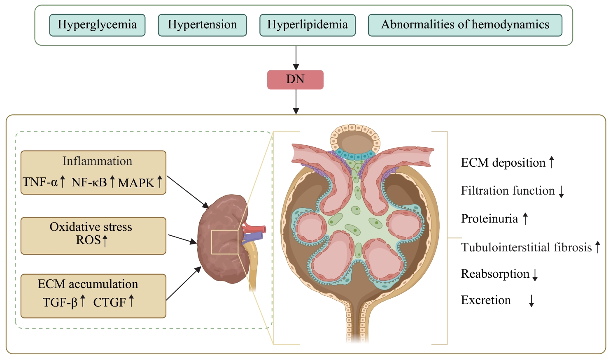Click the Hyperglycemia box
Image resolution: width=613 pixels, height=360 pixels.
pos(97,25)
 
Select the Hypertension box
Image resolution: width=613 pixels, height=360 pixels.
pos(202,25)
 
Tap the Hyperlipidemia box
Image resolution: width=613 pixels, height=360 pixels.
pos(307,25)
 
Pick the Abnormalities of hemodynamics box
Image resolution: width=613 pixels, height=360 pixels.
pos(465,25)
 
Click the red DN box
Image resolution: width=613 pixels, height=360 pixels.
pos(295,79)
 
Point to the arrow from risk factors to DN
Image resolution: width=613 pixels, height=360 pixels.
pos(296,57)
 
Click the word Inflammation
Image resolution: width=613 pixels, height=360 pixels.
pos(97,161)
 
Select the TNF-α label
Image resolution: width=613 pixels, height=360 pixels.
pos(40,182)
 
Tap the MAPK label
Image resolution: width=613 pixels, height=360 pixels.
pos(136,183)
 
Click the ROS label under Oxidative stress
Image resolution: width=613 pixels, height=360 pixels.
pos(88,240)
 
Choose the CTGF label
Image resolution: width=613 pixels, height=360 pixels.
pos(109,302)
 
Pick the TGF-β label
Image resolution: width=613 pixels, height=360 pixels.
pos(60,302)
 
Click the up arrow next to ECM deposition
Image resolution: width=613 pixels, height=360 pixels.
pos(552,162)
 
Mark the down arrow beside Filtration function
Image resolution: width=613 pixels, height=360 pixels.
pos(561,191)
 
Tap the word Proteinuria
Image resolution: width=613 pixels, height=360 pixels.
pos(489,218)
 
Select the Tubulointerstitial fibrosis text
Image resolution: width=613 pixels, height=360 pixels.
pos(526,247)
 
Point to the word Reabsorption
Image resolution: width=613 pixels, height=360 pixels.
pos(495,274)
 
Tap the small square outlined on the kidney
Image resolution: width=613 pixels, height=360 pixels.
pos(224,242)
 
